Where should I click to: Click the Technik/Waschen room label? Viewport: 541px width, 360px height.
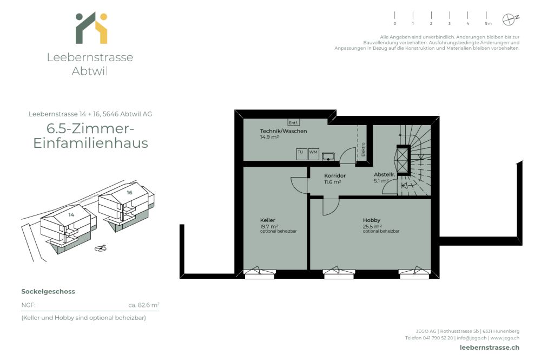(x=283, y=131)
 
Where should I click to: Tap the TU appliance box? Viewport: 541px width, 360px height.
(x=301, y=153)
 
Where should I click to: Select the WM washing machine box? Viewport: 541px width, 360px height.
(x=313, y=153)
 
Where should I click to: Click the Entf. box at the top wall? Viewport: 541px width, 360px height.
(x=293, y=122)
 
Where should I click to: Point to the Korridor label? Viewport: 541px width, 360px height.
(x=334, y=176)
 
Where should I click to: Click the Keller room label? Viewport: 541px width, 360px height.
(x=267, y=220)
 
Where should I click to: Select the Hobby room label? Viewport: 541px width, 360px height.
(x=371, y=220)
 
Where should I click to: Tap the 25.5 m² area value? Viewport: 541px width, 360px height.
(x=372, y=226)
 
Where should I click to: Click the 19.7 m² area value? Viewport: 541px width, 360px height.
(x=269, y=226)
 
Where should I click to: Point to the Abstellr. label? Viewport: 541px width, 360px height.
(x=384, y=175)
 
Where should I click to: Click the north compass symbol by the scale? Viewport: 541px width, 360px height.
(x=509, y=19)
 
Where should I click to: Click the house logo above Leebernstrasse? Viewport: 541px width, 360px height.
(x=91, y=28)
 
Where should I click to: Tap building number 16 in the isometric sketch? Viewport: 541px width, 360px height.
(x=129, y=192)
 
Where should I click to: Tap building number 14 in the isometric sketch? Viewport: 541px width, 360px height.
(x=71, y=214)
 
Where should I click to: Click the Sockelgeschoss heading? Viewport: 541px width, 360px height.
(x=48, y=291)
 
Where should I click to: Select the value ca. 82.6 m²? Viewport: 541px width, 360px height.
(x=143, y=305)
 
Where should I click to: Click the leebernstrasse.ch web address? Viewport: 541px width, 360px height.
(x=489, y=348)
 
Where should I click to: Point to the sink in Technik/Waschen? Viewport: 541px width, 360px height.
(x=328, y=157)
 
